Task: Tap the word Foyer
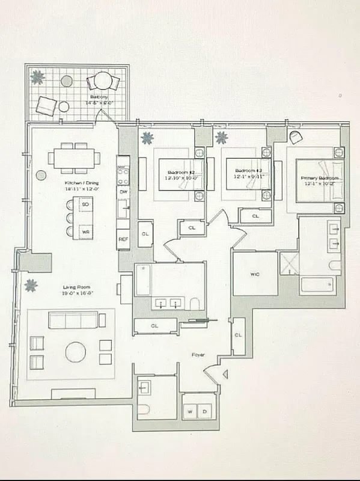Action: pos(199,355)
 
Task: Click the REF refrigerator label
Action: pos(123,239)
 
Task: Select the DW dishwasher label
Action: pos(123,192)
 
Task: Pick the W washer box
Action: pos(191,412)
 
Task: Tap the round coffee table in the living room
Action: pos(76,352)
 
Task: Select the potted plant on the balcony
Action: pos(38,76)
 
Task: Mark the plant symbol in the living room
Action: pos(29,286)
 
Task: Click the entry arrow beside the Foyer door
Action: pos(226,375)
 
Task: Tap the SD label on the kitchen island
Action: pos(85,204)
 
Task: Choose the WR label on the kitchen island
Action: pos(85,230)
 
